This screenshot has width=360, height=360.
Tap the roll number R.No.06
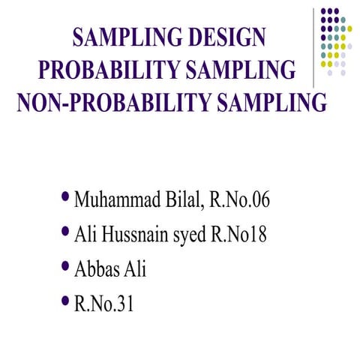[x=239, y=201]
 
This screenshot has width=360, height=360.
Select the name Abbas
[x=97, y=268]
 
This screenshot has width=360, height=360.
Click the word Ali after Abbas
[x=136, y=268]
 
